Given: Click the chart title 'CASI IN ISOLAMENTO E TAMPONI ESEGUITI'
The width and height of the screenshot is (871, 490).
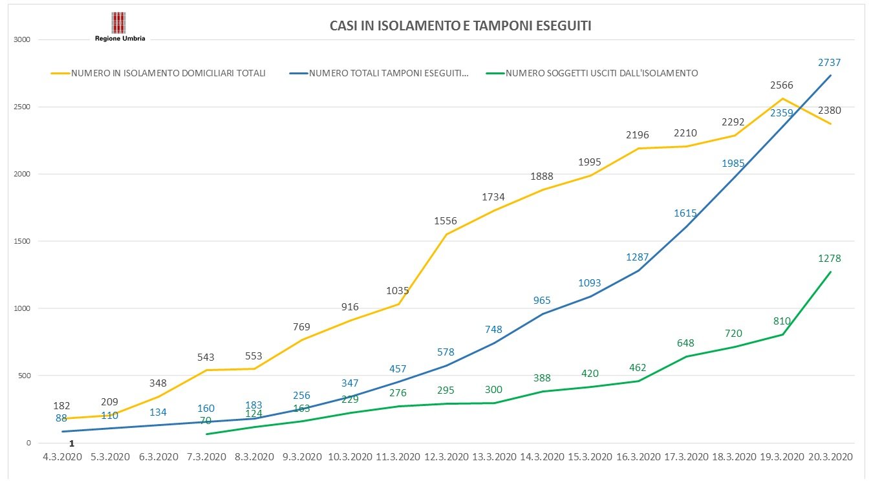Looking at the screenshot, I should pos(460,26).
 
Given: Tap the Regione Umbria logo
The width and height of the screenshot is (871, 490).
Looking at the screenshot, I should pos(120,27).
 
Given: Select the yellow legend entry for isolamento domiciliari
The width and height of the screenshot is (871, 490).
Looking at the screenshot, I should pos(158,73).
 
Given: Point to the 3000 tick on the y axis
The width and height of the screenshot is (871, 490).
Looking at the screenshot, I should pos(23,40).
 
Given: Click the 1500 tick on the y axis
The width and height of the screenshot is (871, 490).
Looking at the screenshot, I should pos(23,241).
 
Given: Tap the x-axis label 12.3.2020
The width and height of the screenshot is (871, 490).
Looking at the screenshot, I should pos(446,456).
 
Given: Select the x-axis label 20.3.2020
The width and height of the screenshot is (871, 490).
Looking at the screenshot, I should pos(830,456).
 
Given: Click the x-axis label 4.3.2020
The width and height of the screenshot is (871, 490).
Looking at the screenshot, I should pos(62,456).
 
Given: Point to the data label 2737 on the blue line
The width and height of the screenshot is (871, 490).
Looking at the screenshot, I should pos(830,62).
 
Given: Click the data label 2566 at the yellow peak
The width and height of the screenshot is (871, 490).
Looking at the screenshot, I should pos(781,85).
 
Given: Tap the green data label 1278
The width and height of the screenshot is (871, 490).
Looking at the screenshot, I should pos(830,259).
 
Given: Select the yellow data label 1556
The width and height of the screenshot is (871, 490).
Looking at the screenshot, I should pos(446,221).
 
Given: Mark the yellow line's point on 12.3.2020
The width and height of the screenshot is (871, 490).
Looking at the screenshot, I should pos(446,234).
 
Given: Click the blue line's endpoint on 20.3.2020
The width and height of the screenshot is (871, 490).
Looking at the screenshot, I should pos(831,76).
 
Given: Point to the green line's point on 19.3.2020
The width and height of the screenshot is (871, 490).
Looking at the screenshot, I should pos(782,334).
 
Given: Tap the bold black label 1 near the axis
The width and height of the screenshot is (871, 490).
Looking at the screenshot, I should pos(72,443).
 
